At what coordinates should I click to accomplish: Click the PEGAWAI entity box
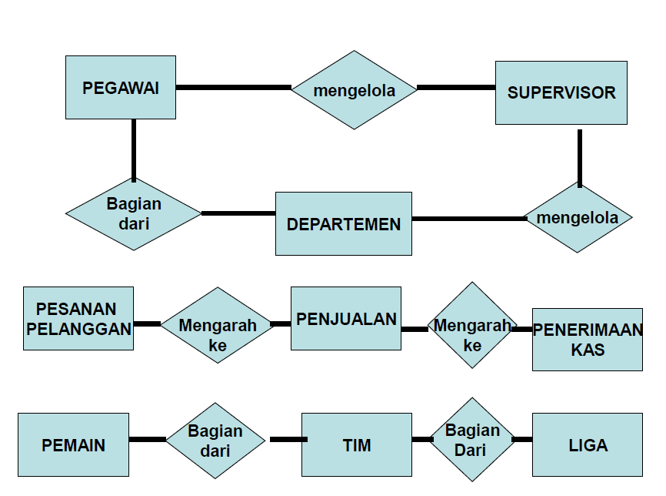click(121, 87)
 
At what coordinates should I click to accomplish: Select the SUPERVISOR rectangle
click(561, 92)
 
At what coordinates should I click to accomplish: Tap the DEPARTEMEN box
click(343, 223)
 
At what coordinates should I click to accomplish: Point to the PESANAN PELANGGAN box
click(78, 318)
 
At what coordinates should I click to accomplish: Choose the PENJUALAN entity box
click(345, 318)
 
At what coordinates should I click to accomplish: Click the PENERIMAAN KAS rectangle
click(587, 340)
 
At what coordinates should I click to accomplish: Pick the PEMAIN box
click(73, 444)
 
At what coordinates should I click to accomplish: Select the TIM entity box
click(356, 444)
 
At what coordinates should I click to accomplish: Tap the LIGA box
click(587, 444)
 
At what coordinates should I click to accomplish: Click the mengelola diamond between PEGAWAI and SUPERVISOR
click(354, 90)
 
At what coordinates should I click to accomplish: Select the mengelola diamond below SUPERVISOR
click(577, 217)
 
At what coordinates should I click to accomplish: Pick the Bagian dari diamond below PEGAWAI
click(134, 214)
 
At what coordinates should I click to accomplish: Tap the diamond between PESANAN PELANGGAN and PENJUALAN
click(218, 325)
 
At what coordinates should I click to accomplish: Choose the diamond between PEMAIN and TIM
click(215, 441)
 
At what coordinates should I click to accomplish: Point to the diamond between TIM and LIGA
click(471, 439)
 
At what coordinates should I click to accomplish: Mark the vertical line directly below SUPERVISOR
click(579, 157)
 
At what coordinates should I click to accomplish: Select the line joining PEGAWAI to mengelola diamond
click(233, 87)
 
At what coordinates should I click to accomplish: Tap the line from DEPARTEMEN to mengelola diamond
click(468, 219)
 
